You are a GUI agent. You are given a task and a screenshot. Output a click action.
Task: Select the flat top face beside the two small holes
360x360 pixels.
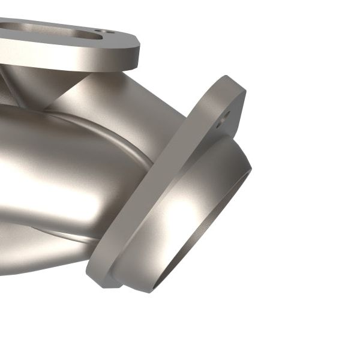point(123,36)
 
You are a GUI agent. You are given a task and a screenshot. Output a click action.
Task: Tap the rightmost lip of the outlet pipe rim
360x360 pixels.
point(250,171)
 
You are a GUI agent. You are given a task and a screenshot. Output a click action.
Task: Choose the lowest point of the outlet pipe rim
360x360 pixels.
point(150,291)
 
